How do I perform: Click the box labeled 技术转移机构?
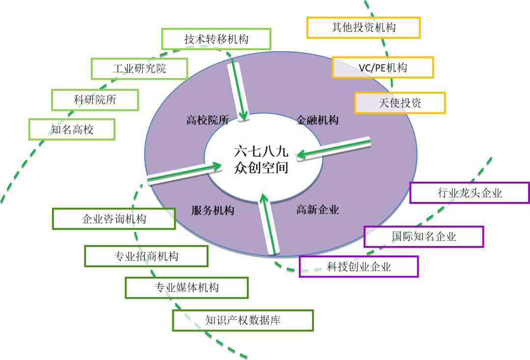click(x=216, y=39)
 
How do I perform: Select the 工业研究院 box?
click(x=139, y=69)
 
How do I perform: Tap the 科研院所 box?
click(x=95, y=100)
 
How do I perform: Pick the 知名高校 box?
click(x=72, y=129)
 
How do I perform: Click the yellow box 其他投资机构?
click(x=363, y=28)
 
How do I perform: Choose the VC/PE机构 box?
click(x=383, y=68)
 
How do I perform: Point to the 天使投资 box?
click(x=400, y=103)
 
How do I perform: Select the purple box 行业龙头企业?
click(x=470, y=193)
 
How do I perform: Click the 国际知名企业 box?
click(x=424, y=237)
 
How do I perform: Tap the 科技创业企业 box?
click(x=359, y=267)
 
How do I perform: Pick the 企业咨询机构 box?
click(x=114, y=219)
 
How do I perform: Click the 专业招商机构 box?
click(x=146, y=256)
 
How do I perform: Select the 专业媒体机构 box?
click(x=186, y=288)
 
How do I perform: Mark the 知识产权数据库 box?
click(x=243, y=320)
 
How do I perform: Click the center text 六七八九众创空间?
click(x=261, y=159)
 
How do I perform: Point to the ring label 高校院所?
click(x=208, y=120)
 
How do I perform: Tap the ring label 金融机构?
click(x=317, y=120)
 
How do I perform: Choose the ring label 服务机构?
click(x=212, y=211)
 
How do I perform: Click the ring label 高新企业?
click(x=318, y=210)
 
